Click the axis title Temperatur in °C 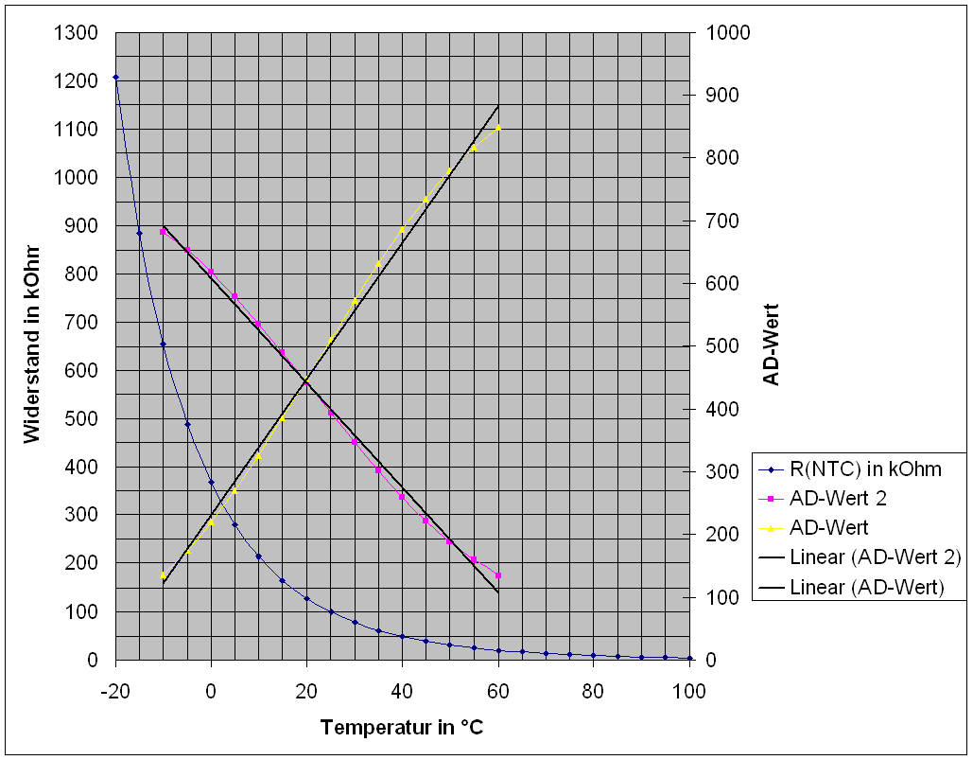point(402,728)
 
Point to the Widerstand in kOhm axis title point(32,345)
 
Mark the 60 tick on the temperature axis point(498,691)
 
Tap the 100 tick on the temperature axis point(689,691)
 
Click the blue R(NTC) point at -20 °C point(115,78)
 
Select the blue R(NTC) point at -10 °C point(163,345)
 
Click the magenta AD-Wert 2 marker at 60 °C point(498,575)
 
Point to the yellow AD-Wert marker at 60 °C point(498,128)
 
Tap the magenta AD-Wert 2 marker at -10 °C point(163,231)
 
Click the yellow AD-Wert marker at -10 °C point(163,575)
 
